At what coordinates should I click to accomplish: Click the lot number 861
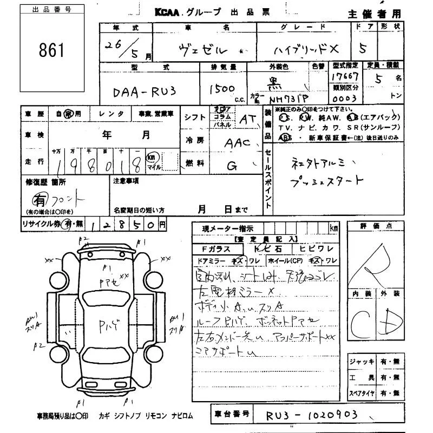pyautogui.click(x=51, y=50)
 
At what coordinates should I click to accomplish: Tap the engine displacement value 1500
pyautogui.click(x=221, y=88)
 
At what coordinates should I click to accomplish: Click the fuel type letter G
pyautogui.click(x=232, y=166)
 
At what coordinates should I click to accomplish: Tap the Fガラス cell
pyautogui.click(x=215, y=250)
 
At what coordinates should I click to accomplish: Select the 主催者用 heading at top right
pyautogui.click(x=381, y=14)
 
